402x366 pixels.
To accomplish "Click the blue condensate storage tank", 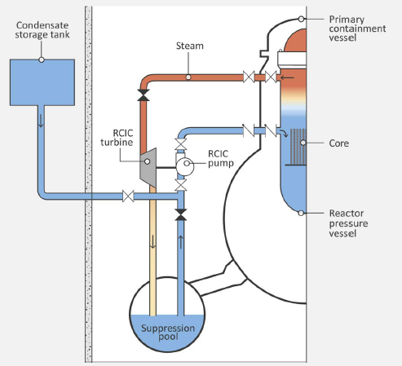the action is pyautogui.click(x=42, y=82).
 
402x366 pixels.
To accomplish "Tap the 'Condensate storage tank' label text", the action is pyautogui.click(x=42, y=30).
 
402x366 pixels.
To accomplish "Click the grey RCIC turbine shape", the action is pyautogui.click(x=148, y=167).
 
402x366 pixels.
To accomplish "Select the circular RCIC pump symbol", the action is pyautogui.click(x=185, y=166).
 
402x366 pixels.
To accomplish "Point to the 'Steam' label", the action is pyautogui.click(x=190, y=46).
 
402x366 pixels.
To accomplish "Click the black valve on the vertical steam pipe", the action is pyautogui.click(x=144, y=95).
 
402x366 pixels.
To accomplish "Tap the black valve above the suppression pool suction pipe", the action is pyautogui.click(x=180, y=214).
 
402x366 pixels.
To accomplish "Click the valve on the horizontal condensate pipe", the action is pyautogui.click(x=128, y=196).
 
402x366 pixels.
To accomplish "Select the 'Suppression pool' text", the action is pyautogui.click(x=168, y=333).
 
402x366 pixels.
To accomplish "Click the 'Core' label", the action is pyautogui.click(x=339, y=143).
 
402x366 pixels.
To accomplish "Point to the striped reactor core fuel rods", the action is pyautogui.click(x=298, y=147).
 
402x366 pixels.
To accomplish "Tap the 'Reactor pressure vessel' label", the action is pyautogui.click(x=348, y=223).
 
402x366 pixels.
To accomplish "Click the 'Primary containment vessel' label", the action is pyautogui.click(x=357, y=29).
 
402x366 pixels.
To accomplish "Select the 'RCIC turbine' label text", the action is pyautogui.click(x=117, y=138).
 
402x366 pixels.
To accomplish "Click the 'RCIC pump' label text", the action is pyautogui.click(x=221, y=158).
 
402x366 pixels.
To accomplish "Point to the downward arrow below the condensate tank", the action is pyautogui.click(x=41, y=121).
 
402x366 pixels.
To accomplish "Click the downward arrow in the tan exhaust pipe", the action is pyautogui.click(x=153, y=242).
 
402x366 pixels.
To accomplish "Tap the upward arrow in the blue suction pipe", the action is pyautogui.click(x=180, y=242).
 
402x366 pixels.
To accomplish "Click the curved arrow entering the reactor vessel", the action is pyautogui.click(x=284, y=133).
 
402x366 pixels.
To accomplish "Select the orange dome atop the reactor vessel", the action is pyautogui.click(x=295, y=40).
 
